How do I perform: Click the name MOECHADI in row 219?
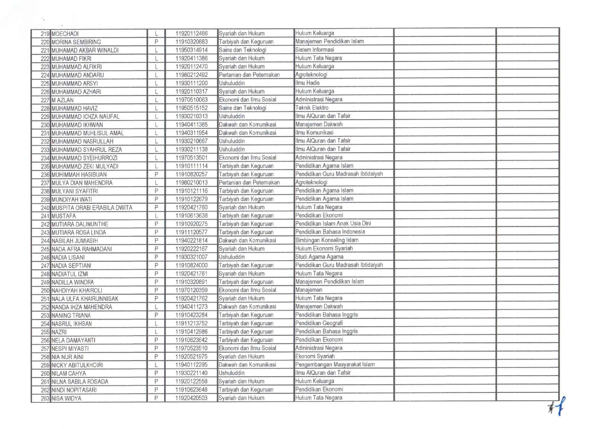pos(65,34)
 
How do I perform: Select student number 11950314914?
pos(191,50)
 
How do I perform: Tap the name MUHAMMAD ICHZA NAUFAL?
pos(86,117)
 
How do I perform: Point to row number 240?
pos(45,208)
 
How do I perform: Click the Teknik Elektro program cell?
pos(312,108)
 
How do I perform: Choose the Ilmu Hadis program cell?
pos(308,83)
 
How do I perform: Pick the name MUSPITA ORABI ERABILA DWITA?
pos(92,208)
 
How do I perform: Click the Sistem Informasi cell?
pos(315,50)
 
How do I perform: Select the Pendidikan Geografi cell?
pos(319,323)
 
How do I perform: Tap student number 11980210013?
pos(191,182)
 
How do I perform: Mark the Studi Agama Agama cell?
pos(319,257)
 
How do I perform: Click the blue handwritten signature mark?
pos(558,407)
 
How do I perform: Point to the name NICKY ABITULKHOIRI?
pos(77,365)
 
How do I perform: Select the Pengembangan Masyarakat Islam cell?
pos(335,365)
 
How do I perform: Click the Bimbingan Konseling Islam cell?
pos(327,240)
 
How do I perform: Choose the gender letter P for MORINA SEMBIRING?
pos(156,42)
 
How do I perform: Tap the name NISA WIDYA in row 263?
pos(67,398)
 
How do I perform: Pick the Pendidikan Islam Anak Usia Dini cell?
pos(333,224)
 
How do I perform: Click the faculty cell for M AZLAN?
pos(247,100)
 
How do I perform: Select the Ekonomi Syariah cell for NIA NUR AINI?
pos(315,356)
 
